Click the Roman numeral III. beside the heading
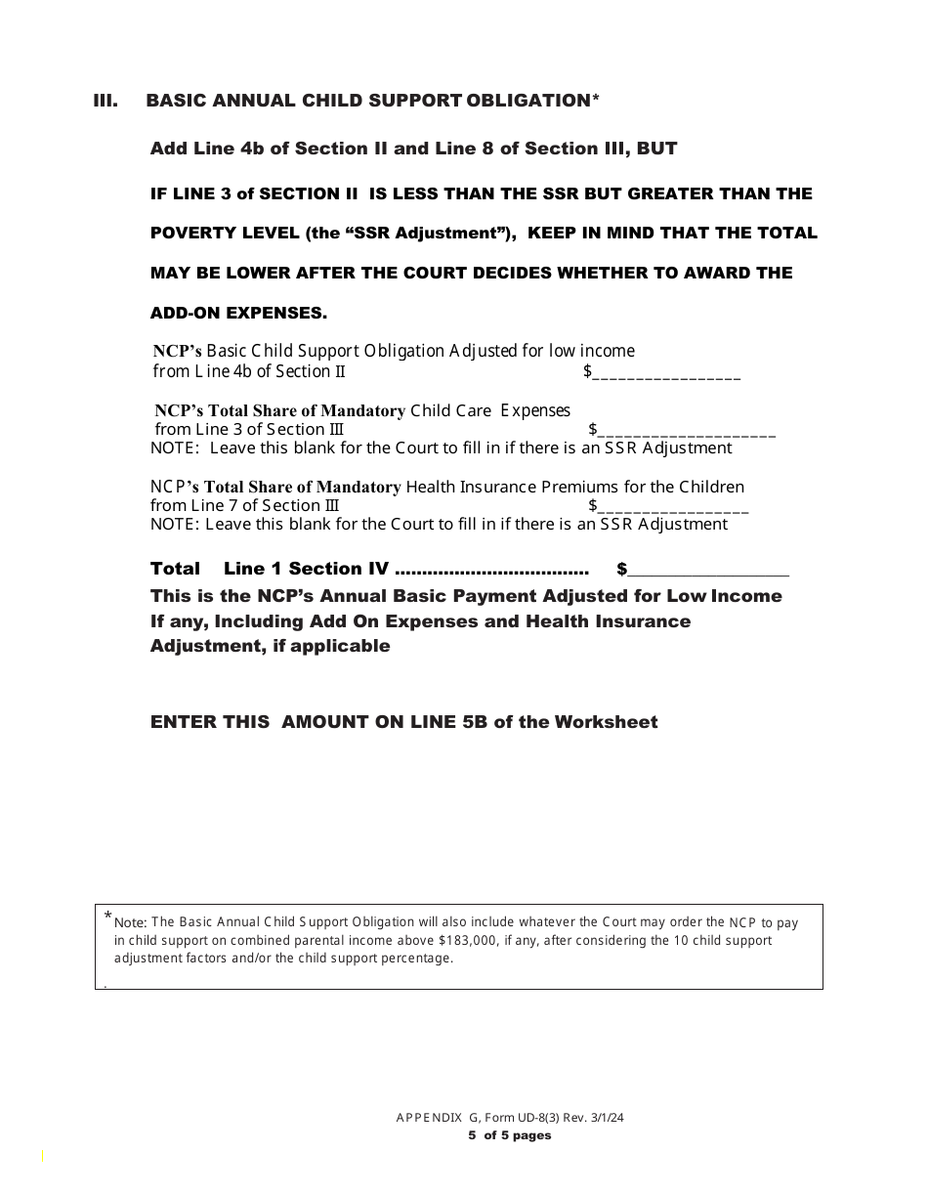105,101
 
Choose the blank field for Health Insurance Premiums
672,507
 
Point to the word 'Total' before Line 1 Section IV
175,569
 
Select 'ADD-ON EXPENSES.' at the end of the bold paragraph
238,314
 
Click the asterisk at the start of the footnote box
107,916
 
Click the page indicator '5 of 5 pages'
509,1135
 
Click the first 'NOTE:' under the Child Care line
177,448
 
